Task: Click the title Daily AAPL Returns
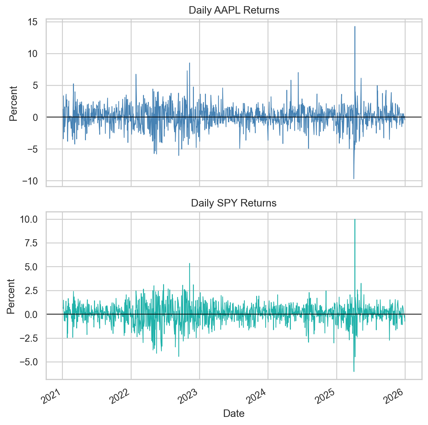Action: [234, 10]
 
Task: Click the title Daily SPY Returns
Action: [234, 203]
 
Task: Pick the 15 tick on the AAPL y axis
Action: [33, 22]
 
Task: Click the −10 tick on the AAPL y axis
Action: [30, 181]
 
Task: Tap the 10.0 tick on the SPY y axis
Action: [29, 219]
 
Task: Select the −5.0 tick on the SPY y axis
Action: [29, 362]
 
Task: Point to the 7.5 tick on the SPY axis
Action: [31, 243]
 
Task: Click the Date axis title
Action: [234, 413]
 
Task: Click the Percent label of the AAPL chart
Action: [13, 104]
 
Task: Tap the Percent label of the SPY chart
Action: [11, 297]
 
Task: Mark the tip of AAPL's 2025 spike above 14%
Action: [355, 27]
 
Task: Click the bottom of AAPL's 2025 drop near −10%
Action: [354, 179]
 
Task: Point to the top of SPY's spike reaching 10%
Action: [355, 219]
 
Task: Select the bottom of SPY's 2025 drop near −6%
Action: [354, 371]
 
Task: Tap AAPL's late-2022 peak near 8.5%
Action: [189, 63]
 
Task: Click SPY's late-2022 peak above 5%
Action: [189, 264]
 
